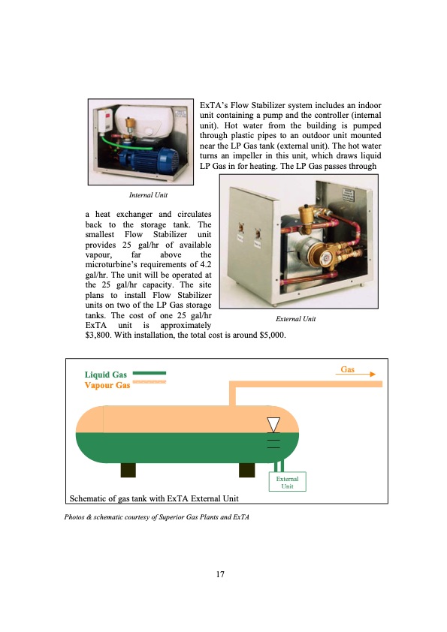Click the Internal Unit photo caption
pyautogui.click(x=148, y=195)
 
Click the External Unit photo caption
pyautogui.click(x=296, y=319)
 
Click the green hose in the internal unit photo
pyautogui.click(x=121, y=138)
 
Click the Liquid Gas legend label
pyautogui.click(x=106, y=375)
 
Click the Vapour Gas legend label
pyautogui.click(x=107, y=385)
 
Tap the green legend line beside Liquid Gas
pyautogui.click(x=150, y=373)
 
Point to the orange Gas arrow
pyautogui.click(x=355, y=375)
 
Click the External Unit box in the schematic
pyautogui.click(x=287, y=482)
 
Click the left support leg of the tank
pyautogui.click(x=128, y=470)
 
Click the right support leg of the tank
pyautogui.click(x=247, y=470)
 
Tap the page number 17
pyautogui.click(x=220, y=574)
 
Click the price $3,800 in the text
pyautogui.click(x=97, y=336)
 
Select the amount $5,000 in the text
pyautogui.click(x=273, y=336)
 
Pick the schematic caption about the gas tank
pyautogui.click(x=154, y=498)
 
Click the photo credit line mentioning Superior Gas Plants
pyautogui.click(x=156, y=517)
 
